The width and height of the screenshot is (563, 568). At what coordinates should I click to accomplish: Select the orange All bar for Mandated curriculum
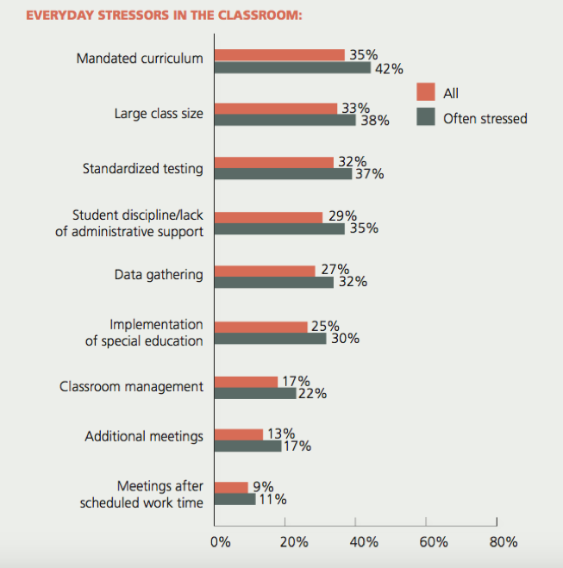279,55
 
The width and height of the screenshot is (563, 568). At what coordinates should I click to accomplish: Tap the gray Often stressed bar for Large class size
285,120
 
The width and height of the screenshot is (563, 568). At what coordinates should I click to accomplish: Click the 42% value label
387,69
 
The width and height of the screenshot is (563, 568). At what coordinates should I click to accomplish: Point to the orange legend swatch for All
424,92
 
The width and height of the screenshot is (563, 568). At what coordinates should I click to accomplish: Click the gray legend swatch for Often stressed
424,117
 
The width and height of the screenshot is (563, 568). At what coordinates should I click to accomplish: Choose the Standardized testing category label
143,169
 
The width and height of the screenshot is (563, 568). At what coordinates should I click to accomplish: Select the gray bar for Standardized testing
283,174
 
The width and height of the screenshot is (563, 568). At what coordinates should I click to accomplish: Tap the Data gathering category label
159,275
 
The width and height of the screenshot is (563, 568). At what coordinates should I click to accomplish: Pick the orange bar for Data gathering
265,270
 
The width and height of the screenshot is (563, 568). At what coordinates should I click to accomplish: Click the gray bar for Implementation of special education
270,339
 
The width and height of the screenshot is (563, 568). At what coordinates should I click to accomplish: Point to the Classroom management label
131,386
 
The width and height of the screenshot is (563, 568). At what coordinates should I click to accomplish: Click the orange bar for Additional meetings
238,434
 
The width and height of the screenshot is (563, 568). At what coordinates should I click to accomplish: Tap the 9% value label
262,486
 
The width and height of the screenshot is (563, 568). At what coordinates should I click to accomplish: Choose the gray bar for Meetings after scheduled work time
235,499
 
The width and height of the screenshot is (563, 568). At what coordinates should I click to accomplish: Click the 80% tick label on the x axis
503,542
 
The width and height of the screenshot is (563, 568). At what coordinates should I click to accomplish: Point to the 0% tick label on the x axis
221,542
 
